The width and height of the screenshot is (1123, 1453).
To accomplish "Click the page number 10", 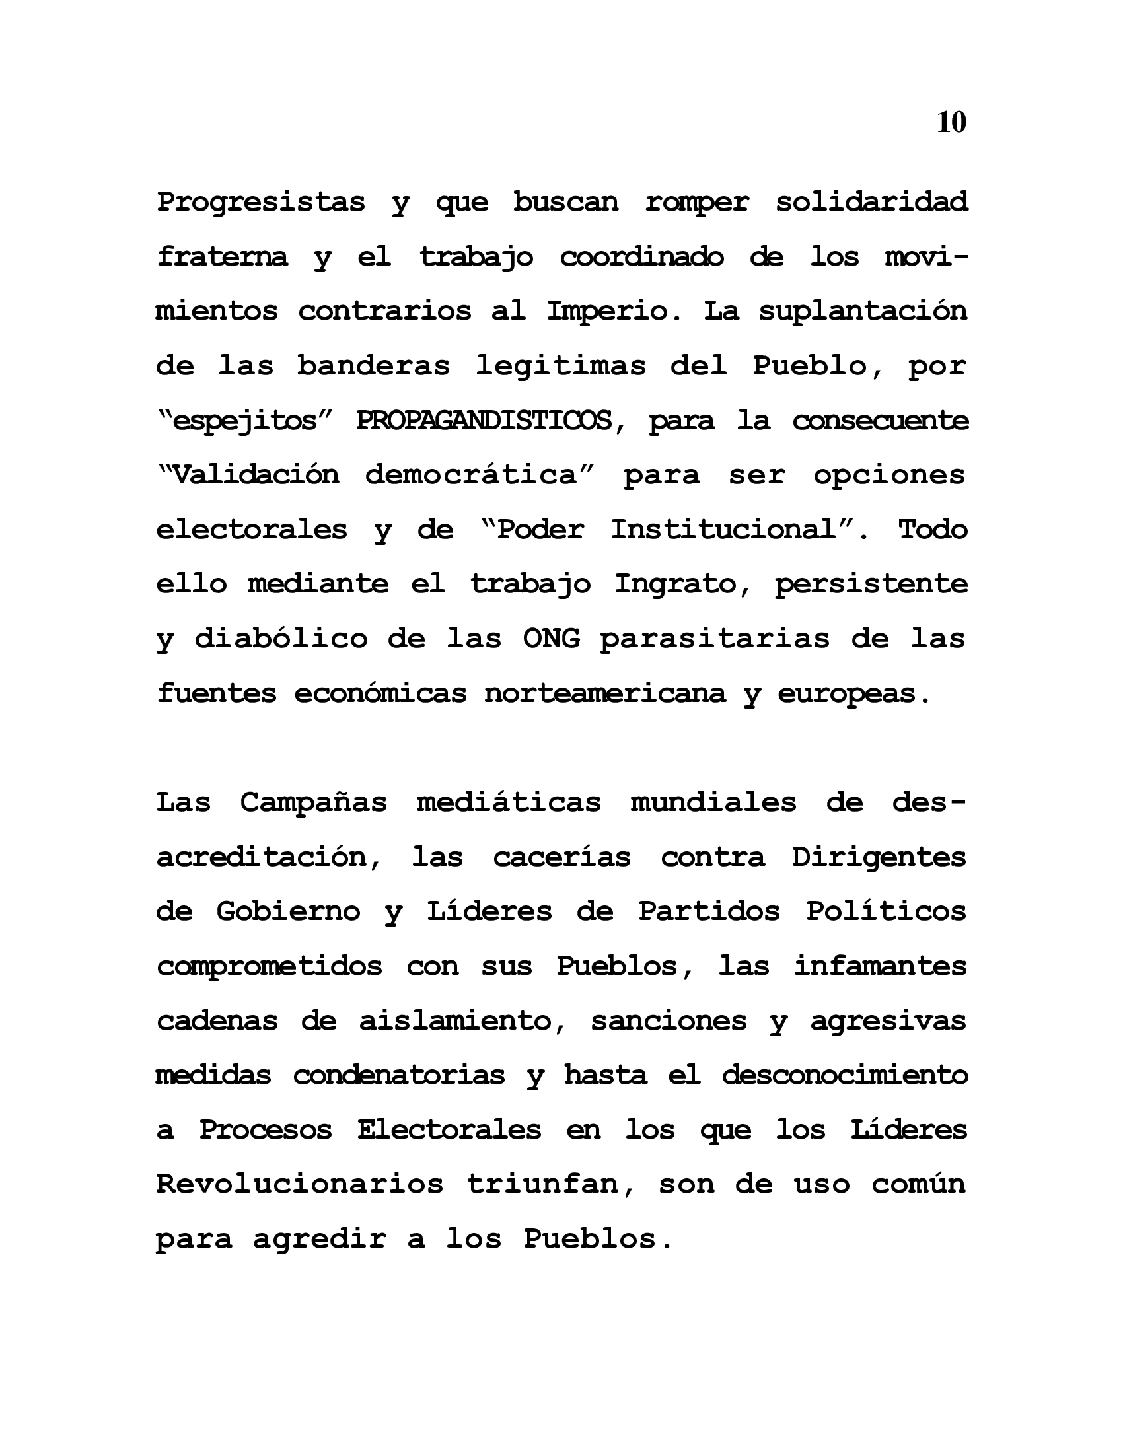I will click(x=951, y=122).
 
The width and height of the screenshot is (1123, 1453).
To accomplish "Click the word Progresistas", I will click(x=261, y=201).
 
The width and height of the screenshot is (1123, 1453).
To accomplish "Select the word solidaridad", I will click(x=871, y=201).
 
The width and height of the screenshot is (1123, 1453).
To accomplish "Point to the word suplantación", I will click(x=863, y=311).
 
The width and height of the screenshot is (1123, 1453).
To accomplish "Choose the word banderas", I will click(x=373, y=365).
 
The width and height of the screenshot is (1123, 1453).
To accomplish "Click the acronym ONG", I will click(x=551, y=639).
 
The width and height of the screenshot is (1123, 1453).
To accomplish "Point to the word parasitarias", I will click(x=715, y=639).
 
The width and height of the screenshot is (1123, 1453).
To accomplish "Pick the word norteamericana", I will click(x=604, y=693).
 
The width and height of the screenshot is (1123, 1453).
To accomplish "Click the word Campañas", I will click(x=313, y=802).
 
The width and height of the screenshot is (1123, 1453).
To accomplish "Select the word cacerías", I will click(x=561, y=857).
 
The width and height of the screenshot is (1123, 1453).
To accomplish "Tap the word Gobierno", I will click(x=288, y=911).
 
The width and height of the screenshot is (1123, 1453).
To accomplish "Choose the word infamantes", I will click(x=879, y=966).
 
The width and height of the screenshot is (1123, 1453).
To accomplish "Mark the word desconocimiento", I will click(x=844, y=1075).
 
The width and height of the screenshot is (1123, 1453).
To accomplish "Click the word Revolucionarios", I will click(x=299, y=1184).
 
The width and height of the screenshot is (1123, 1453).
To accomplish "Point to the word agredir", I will click(x=318, y=1238).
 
